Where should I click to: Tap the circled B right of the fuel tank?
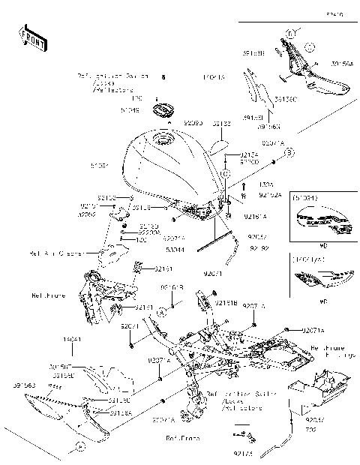287,152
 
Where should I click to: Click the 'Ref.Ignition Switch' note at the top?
112,76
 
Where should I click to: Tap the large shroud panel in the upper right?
315,75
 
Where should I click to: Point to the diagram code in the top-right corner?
333,13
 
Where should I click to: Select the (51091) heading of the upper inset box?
306,199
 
